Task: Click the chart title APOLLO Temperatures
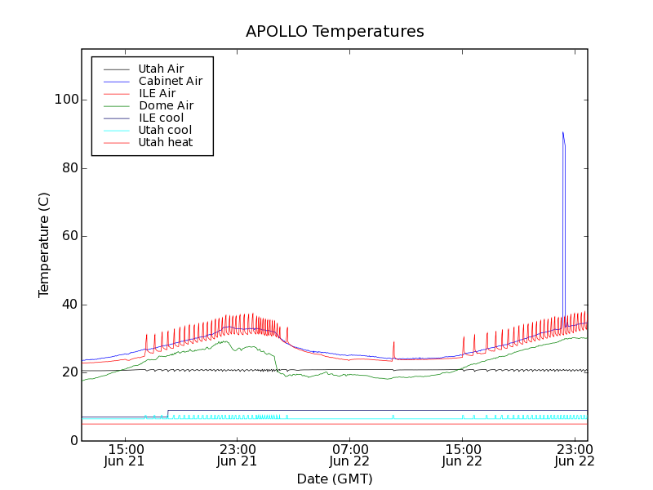click(335, 32)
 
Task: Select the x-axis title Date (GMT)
click(335, 479)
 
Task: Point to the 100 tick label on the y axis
click(66, 100)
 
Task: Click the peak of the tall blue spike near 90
click(562, 132)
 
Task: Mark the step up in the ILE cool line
click(168, 413)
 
